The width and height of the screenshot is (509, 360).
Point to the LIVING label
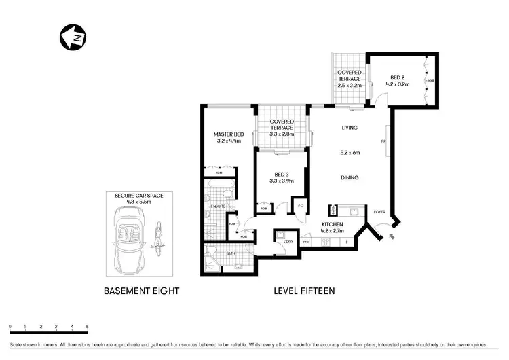[x=349, y=128]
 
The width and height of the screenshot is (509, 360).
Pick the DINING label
[x=350, y=178]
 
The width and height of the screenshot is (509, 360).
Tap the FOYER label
[x=379, y=212]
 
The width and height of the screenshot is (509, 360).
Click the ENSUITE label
[x=217, y=205]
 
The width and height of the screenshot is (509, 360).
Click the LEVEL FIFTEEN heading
[x=304, y=291]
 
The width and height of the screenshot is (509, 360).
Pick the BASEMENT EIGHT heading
[x=141, y=291]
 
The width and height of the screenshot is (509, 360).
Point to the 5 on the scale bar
[x=87, y=327]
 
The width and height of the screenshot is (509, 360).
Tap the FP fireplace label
[x=383, y=142]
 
